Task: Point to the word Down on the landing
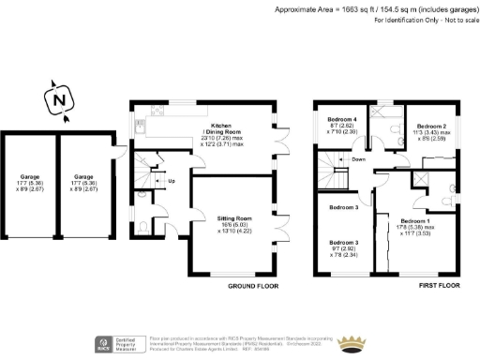(357, 159)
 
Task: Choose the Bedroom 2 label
(432, 126)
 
